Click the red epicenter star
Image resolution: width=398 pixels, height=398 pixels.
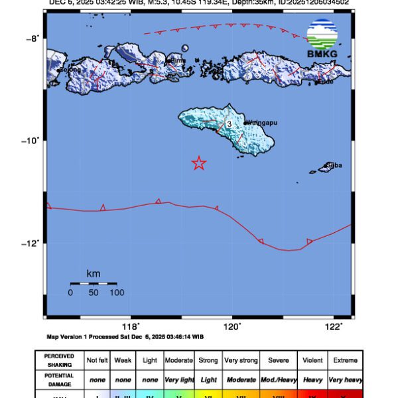[198, 163]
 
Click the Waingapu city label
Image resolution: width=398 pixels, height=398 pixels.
[261, 122]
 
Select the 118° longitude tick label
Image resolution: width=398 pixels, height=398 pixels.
[131, 326]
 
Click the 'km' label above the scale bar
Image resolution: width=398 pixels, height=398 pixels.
[93, 273]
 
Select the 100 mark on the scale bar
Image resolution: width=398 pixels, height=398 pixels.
[117, 292]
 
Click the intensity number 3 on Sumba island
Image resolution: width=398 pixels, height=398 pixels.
[229, 124]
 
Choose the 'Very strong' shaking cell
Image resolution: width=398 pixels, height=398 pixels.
[241, 360]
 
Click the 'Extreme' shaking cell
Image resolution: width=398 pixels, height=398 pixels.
[346, 360]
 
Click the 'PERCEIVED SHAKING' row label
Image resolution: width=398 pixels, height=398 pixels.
[59, 360]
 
